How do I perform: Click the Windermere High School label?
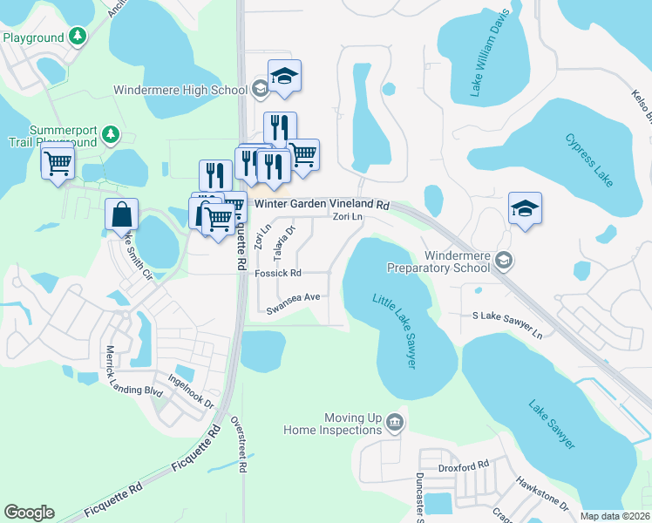tap(180, 90)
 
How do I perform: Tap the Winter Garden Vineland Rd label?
tap(321, 204)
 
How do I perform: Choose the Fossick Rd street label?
tap(277, 273)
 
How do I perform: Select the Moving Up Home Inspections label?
tap(336, 424)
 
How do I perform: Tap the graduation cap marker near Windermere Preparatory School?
tap(525, 208)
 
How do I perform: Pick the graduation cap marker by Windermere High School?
tap(284, 76)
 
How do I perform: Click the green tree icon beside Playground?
tap(78, 37)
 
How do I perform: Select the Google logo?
tap(29, 513)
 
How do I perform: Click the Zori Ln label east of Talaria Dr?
tap(346, 218)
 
